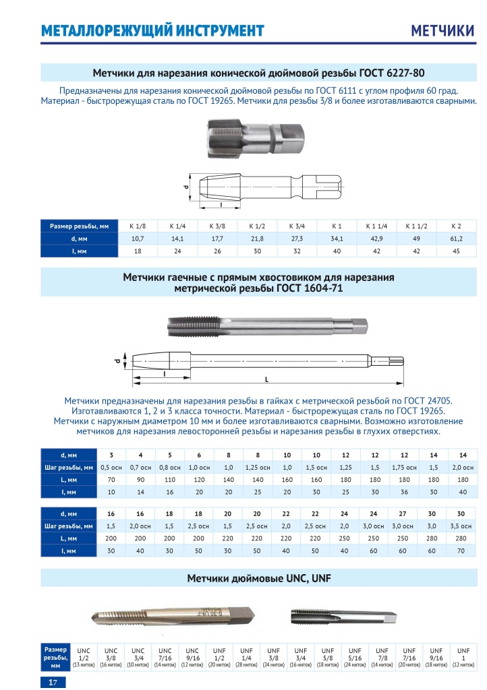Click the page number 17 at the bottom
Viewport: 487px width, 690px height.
coord(52,683)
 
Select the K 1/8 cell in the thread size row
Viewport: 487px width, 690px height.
coord(138,226)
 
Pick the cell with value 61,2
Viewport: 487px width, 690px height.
coord(455,239)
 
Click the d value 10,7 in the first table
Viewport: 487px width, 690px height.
coord(138,239)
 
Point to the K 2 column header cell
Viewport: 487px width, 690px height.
coord(455,226)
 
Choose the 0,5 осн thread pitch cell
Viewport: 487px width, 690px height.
coord(111,468)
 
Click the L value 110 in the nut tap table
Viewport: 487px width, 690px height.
coord(170,480)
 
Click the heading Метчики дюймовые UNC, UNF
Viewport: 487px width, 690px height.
coord(259,578)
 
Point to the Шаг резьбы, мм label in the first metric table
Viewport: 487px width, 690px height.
coord(69,468)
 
